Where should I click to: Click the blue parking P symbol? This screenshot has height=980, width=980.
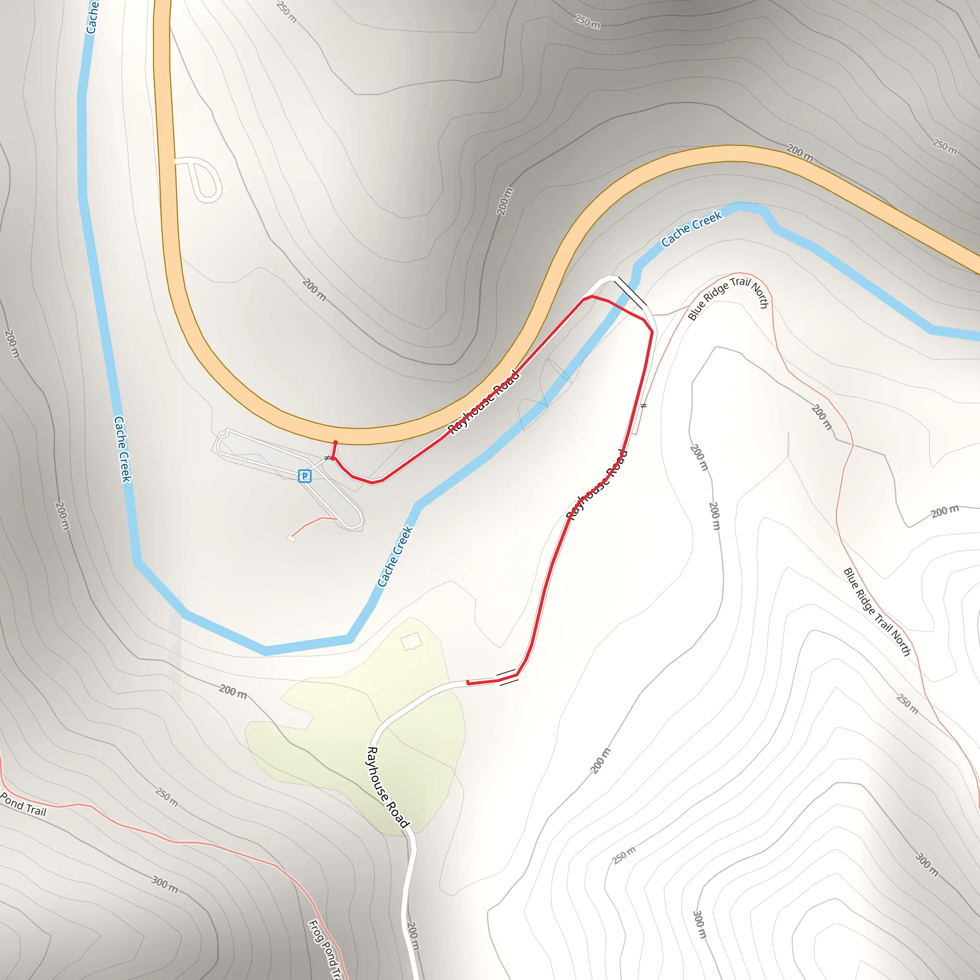(304, 475)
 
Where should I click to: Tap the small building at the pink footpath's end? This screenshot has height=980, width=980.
(291, 538)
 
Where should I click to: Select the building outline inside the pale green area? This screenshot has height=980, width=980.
(412, 641)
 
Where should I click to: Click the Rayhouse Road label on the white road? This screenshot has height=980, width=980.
(387, 787)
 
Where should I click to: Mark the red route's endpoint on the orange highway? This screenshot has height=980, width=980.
(335, 443)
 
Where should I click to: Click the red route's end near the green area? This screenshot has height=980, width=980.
(468, 683)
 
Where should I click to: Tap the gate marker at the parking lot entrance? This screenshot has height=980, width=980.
(327, 458)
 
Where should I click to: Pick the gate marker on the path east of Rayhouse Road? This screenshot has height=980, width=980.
(644, 406)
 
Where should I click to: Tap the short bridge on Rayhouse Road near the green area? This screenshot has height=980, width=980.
(507, 677)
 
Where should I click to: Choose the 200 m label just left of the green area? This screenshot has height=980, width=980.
(233, 691)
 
